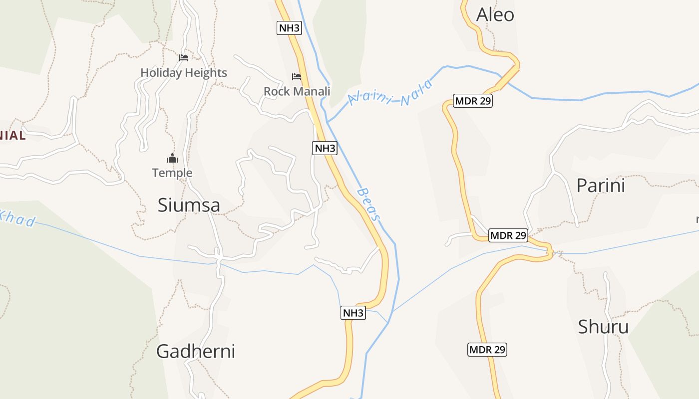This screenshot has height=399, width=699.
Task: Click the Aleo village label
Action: (495, 15)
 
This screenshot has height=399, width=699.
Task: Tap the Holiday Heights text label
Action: (184, 73)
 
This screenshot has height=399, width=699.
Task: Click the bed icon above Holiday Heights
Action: (184, 58)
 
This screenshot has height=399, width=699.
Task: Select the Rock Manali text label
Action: (297, 91)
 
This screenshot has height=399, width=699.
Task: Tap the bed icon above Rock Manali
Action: (297, 77)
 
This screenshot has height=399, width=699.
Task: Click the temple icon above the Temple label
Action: (172, 159)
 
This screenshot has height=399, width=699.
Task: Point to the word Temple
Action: (172, 173)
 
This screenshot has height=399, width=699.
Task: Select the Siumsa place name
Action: (189, 205)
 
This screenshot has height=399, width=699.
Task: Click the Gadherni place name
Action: (195, 351)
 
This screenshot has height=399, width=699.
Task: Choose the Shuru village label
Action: (603, 327)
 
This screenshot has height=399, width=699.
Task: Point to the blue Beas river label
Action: (369, 204)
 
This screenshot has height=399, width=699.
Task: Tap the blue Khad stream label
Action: (18, 217)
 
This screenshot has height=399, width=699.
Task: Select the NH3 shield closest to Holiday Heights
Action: (289, 28)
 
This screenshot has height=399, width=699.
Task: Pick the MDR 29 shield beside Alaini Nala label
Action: (473, 101)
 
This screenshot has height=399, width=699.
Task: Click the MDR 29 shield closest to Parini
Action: (508, 235)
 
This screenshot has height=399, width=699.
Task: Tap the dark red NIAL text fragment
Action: (12, 135)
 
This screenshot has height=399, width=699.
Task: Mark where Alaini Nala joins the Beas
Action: (328, 122)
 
